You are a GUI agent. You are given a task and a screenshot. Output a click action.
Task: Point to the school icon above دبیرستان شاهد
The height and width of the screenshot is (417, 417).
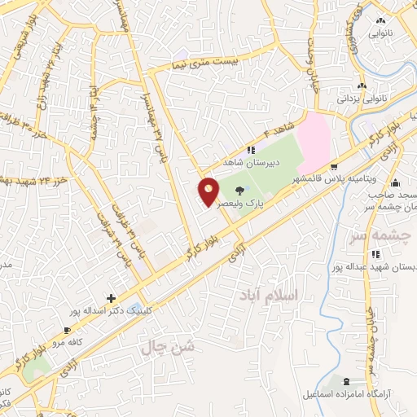coord(252,151)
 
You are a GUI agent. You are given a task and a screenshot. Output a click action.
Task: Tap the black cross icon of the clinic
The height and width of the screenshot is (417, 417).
coord(112,299)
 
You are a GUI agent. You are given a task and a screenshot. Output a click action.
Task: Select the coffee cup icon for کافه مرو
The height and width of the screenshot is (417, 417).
coord(68,330)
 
